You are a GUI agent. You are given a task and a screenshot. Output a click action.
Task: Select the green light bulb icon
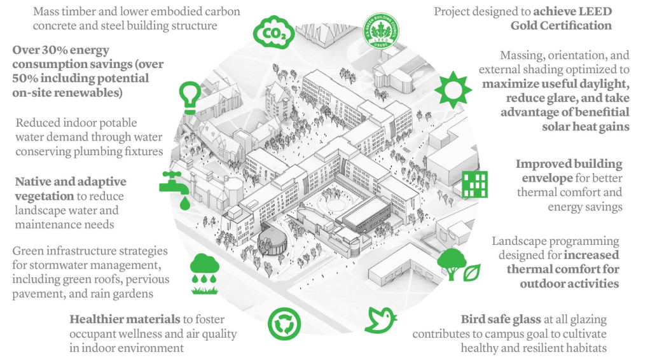click(x=190, y=96)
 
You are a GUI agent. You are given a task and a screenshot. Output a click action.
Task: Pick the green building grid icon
click(x=474, y=184)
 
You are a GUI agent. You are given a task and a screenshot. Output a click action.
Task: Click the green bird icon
click(x=380, y=319)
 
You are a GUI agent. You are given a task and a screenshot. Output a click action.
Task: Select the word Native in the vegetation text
click(x=36, y=182)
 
